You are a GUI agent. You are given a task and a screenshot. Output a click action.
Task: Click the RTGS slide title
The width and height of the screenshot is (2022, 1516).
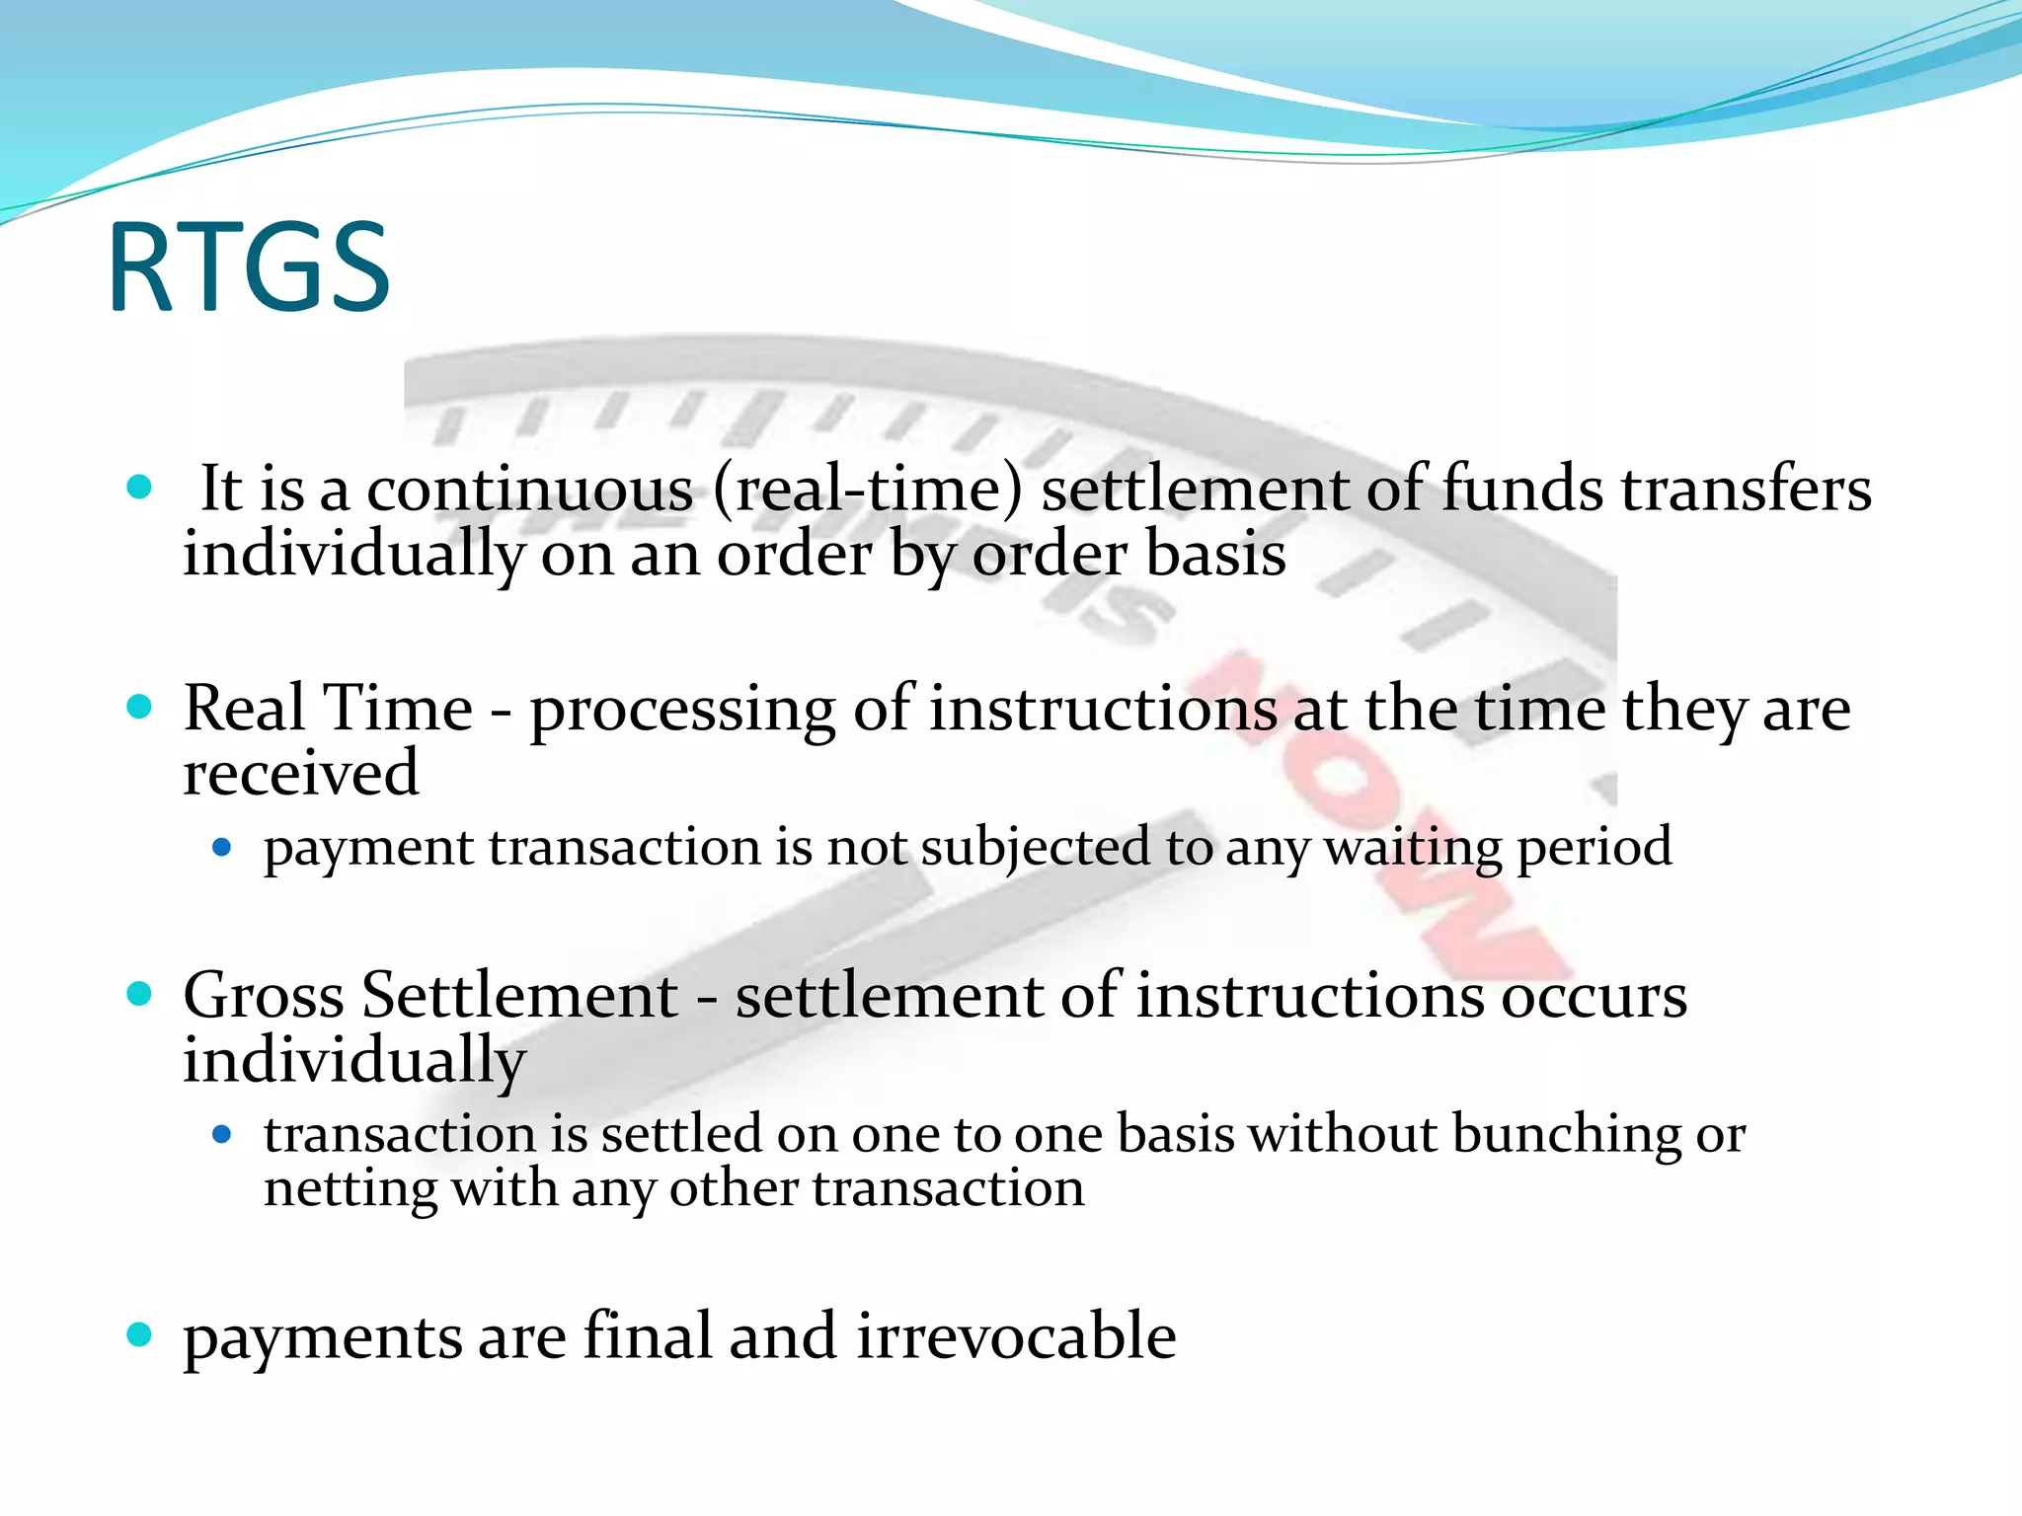tap(249, 267)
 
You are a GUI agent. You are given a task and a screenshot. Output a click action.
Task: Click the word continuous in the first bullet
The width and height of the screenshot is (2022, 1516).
tap(530, 490)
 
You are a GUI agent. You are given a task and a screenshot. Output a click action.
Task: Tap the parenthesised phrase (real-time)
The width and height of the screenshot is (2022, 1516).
tap(867, 490)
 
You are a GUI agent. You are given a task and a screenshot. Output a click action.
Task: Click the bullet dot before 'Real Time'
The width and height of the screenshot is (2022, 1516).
tap(140, 707)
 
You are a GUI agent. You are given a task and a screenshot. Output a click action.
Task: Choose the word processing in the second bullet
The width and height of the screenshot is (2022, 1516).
tap(682, 711)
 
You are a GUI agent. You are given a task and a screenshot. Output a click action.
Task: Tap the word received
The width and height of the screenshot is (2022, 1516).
tap(300, 773)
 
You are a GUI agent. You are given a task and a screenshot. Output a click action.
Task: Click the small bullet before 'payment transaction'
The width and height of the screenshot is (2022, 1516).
tap(222, 847)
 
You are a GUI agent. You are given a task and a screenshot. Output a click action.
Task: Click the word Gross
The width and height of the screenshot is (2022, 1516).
tap(264, 995)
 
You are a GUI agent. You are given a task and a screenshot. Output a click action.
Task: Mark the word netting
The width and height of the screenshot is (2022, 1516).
tap(350, 1189)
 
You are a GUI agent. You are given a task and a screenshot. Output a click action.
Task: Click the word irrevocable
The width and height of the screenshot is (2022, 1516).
tap(1016, 1337)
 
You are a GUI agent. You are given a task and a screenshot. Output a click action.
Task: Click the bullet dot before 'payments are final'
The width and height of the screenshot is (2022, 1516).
tap(140, 1335)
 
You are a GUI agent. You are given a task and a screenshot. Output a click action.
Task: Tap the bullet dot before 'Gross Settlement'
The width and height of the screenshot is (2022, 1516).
tap(140, 994)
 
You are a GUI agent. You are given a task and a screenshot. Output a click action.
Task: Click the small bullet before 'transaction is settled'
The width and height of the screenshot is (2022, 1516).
tap(222, 1135)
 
